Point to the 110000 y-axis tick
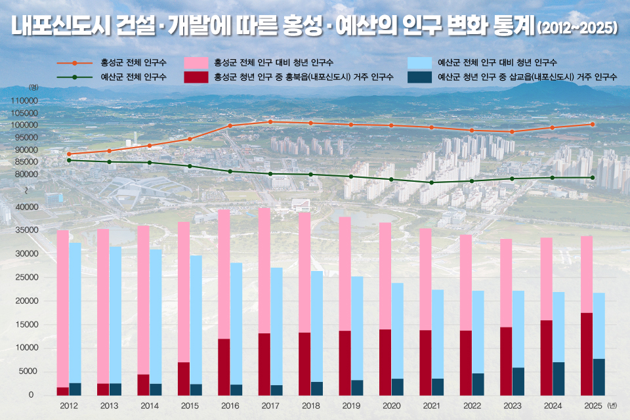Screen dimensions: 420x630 coord(24,101)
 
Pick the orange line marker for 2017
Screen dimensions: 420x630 coord(270,121)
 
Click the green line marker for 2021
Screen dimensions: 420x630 coord(431,182)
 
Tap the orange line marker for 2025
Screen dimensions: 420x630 coord(593,124)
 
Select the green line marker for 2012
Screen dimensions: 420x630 coord(69,160)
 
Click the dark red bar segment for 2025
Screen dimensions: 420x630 coord(587,354)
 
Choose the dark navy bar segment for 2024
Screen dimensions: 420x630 coord(558,379)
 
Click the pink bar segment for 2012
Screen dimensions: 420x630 coord(62,308)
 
